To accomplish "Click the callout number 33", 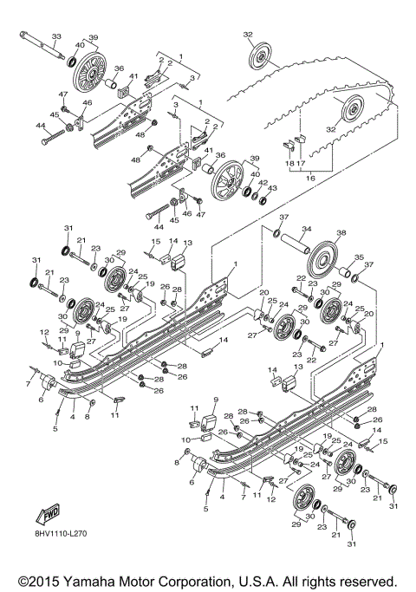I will click(56, 36).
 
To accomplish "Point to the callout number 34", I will click(306, 230).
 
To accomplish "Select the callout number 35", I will click(360, 257).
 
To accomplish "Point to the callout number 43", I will click(274, 188).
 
